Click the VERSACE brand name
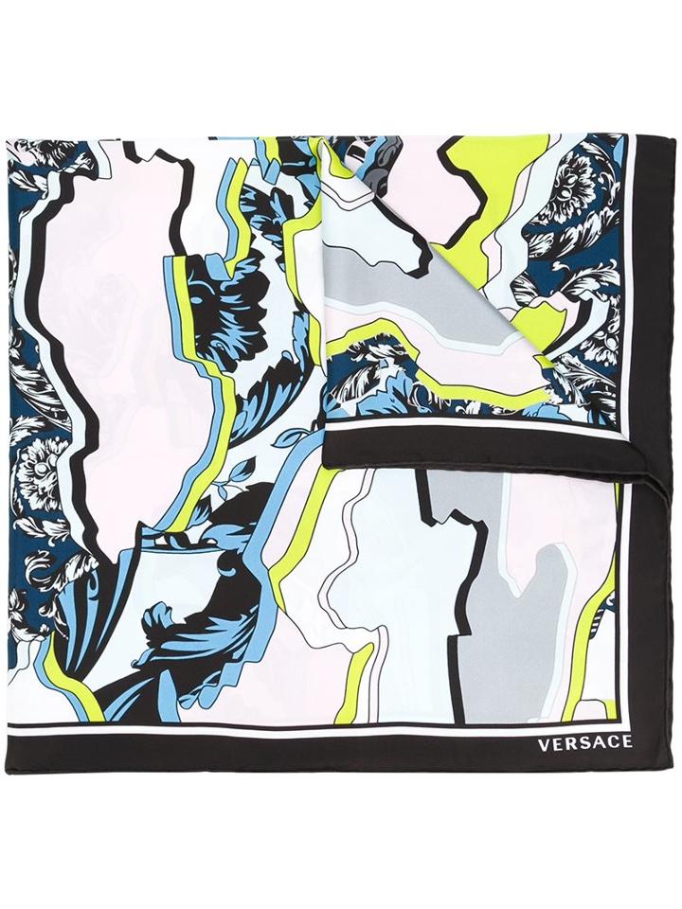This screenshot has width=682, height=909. pos(584,743)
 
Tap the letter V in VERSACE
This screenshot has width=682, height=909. pos(544,743)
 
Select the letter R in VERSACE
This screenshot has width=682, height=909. pos(565,743)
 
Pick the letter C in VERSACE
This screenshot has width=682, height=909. pos(610,743)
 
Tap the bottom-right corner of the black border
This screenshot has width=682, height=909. pos(654,772)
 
